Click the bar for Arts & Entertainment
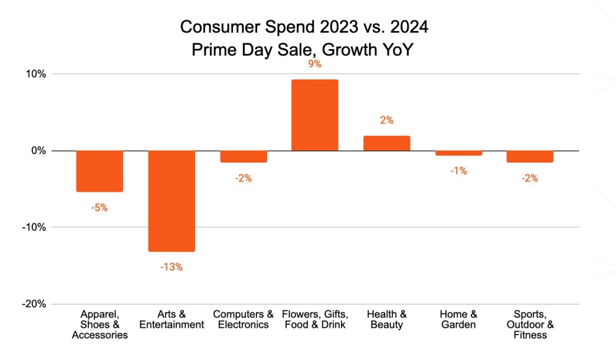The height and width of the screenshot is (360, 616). [171, 200]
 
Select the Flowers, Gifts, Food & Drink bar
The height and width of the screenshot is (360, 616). [315, 115]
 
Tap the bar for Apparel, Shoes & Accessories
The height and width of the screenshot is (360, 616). [99, 171]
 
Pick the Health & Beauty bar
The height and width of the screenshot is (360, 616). [386, 143]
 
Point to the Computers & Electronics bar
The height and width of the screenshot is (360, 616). [243, 156]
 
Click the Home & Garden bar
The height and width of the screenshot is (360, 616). [458, 153]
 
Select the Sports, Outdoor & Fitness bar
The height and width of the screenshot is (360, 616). [530, 156]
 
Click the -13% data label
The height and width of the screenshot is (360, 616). [171, 268]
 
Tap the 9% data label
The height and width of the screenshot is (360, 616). [315, 64]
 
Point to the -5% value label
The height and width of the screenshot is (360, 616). [99, 208]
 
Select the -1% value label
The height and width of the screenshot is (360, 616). [458, 171]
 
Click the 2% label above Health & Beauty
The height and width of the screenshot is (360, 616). [386, 120]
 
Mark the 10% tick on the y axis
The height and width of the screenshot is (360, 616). [35, 74]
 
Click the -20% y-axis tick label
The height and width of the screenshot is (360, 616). [34, 304]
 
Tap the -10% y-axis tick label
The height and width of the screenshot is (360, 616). [34, 227]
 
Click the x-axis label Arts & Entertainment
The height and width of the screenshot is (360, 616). [171, 320]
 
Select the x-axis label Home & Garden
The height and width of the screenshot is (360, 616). [458, 320]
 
